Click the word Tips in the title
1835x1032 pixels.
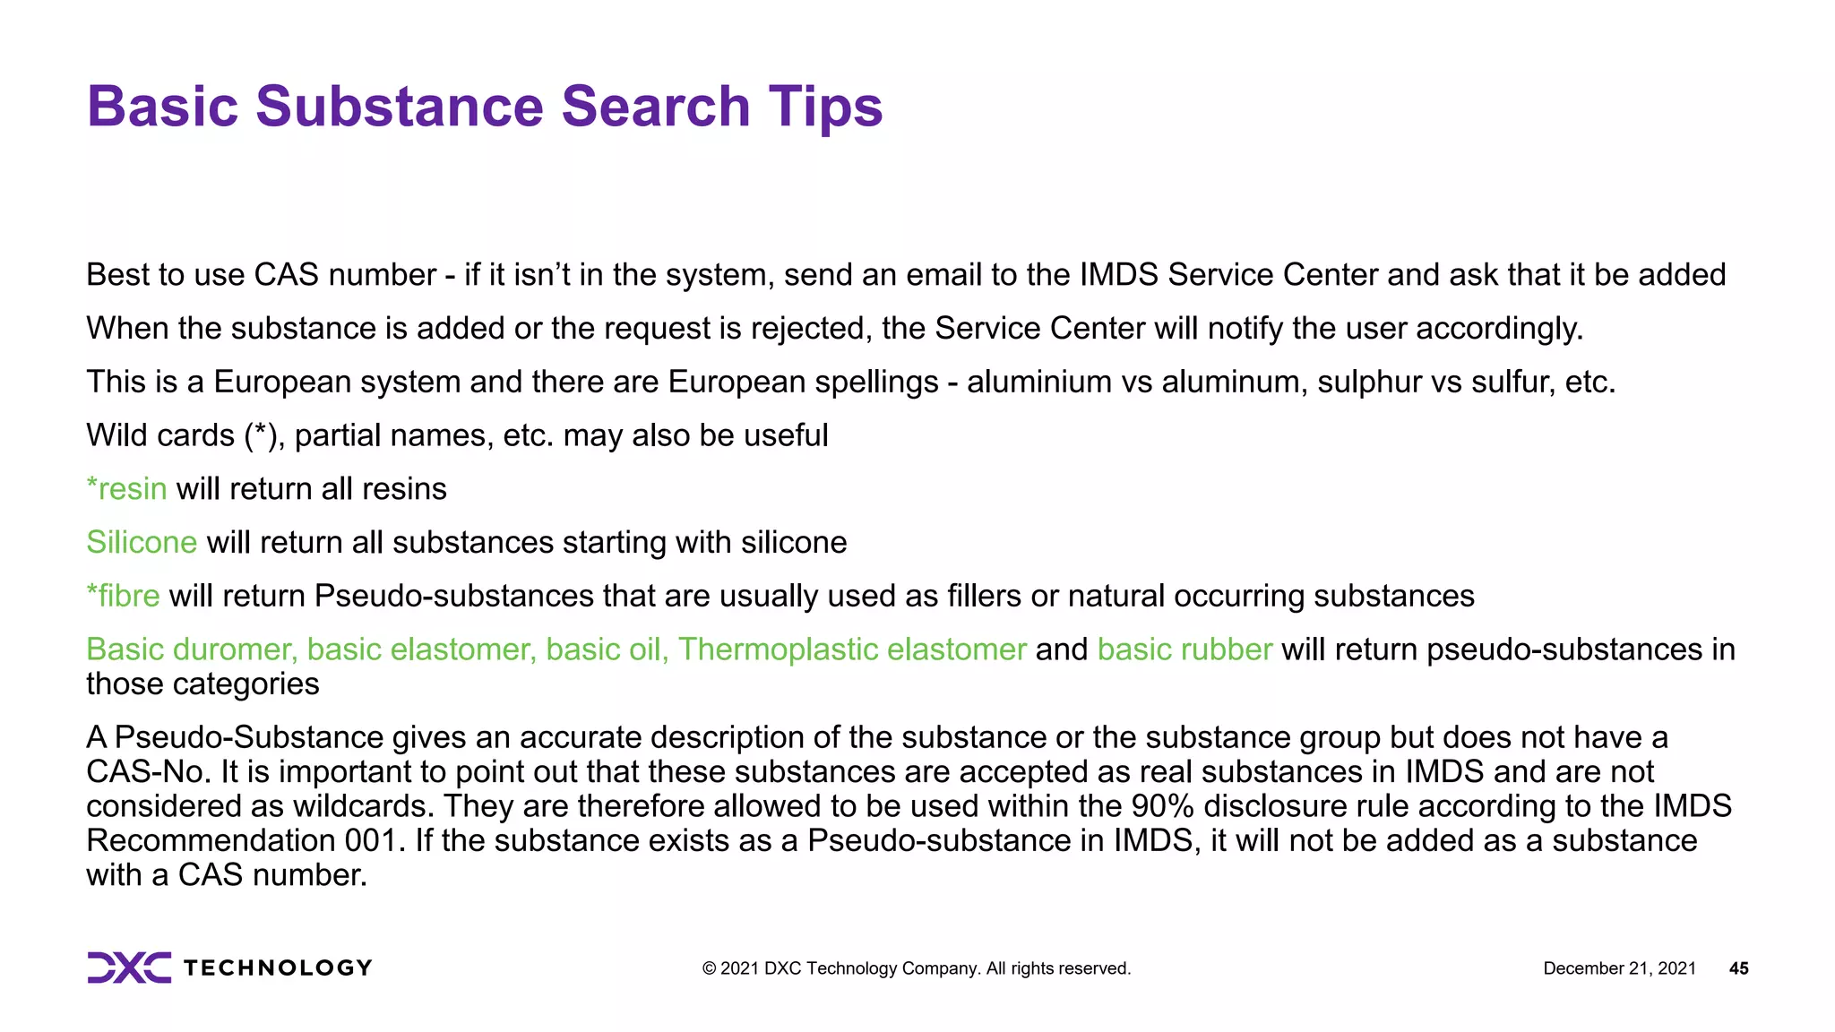click(x=824, y=107)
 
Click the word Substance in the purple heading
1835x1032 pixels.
click(x=400, y=107)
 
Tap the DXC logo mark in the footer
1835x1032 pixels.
click(x=129, y=967)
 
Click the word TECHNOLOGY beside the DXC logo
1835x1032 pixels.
click(x=278, y=968)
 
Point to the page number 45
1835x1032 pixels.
click(x=1738, y=968)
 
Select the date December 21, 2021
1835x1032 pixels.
click(x=1619, y=968)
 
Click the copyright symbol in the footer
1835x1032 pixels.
click(x=709, y=968)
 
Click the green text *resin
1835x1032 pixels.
click(x=126, y=489)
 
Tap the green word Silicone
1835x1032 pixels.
click(x=142, y=543)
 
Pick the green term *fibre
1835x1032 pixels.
click(x=123, y=597)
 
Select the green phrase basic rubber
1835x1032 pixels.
click(x=1185, y=649)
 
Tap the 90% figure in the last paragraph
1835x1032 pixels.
click(x=1162, y=806)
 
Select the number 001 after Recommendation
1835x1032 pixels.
click(x=369, y=841)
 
